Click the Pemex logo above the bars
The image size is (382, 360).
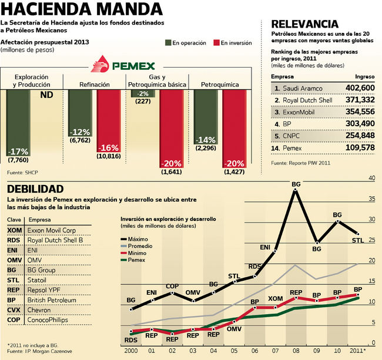[x=127, y=65]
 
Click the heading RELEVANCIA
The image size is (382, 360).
[x=304, y=24]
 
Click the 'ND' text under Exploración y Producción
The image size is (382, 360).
[x=46, y=95]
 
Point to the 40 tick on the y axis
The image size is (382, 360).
[x=371, y=177]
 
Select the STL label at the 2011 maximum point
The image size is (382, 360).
[x=358, y=240]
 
